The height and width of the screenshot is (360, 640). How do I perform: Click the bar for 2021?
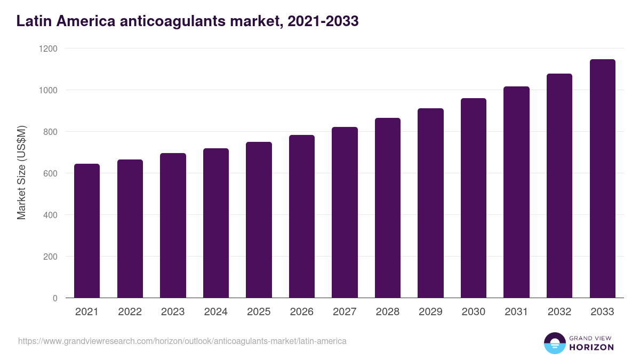point(87,230)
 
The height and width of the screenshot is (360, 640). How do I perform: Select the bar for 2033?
point(603,178)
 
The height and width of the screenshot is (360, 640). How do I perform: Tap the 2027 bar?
point(345,212)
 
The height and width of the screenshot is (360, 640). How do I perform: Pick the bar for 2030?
point(474,198)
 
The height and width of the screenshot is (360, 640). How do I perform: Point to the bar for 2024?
point(216,223)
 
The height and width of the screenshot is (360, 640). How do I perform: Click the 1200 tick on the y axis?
point(47,49)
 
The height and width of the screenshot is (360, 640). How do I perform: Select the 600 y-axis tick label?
point(50,173)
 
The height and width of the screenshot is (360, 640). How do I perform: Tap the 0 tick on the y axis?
point(55,298)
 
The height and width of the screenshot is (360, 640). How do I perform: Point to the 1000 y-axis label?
point(47,90)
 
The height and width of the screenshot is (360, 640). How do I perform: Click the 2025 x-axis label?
point(259,312)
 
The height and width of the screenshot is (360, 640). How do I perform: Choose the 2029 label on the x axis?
point(430,312)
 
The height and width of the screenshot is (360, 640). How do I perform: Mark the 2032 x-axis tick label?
point(559,312)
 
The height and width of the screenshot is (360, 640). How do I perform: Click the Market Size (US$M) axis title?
point(21,173)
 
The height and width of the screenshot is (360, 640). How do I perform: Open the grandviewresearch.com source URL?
point(182,341)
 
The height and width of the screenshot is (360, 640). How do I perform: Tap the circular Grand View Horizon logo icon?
point(555,343)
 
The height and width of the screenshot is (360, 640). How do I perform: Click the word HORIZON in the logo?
point(591,347)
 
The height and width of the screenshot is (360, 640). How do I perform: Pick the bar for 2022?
point(130,228)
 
